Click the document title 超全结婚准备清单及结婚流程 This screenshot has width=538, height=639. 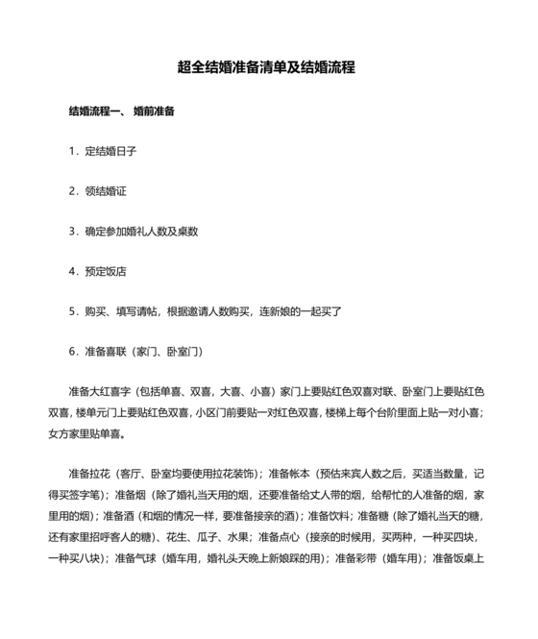click(x=267, y=68)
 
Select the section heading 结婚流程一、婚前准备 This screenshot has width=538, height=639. click(x=121, y=111)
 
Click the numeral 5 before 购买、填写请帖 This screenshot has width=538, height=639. click(x=72, y=312)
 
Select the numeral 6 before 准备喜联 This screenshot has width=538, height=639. click(x=72, y=352)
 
